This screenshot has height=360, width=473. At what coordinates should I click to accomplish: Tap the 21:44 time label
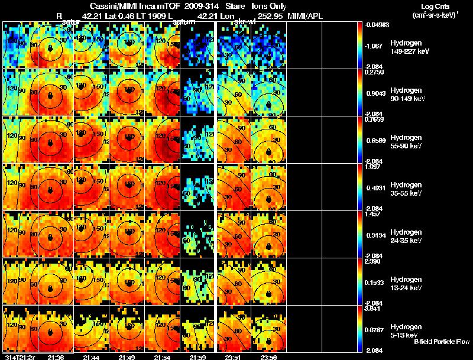(x=91, y=356)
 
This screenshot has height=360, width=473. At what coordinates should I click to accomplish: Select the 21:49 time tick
(x=127, y=356)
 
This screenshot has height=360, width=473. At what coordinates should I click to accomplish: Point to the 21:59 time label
(x=197, y=356)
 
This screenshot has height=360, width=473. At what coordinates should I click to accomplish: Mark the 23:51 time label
(x=232, y=356)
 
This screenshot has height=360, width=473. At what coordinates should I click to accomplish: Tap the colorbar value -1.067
(x=377, y=46)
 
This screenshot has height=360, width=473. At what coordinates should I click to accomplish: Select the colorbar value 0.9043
(x=377, y=93)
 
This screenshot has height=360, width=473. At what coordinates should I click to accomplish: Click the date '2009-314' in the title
(x=201, y=5)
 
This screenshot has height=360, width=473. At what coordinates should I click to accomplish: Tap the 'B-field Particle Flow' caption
(x=441, y=342)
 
